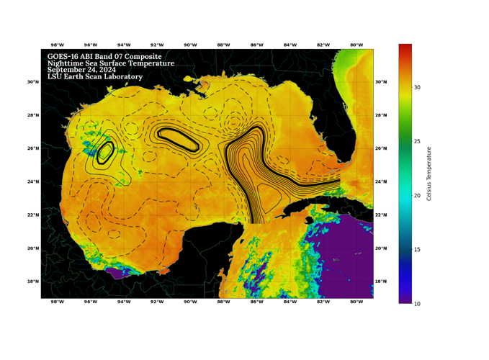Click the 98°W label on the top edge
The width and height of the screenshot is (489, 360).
pyautogui.click(x=57, y=45)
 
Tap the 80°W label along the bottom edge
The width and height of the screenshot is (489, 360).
pyautogui.click(x=356, y=302)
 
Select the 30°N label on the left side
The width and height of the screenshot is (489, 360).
pyautogui.click(x=32, y=82)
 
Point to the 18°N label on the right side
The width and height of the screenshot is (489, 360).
pyautogui.click(x=381, y=282)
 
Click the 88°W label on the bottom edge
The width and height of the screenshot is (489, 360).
pyautogui.click(x=223, y=302)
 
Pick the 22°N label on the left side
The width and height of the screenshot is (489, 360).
pyautogui.click(x=32, y=215)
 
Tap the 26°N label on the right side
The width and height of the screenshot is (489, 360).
pyautogui.click(x=381, y=148)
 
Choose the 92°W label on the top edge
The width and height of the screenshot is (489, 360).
pyautogui.click(x=157, y=45)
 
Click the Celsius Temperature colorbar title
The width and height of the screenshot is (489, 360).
pyautogui.click(x=430, y=173)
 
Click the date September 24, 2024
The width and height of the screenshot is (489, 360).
pyautogui.click(x=81, y=70)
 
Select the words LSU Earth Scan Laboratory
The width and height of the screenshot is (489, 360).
pyautogui.click(x=95, y=76)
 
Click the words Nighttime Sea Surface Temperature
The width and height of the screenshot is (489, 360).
pyautogui.click(x=110, y=63)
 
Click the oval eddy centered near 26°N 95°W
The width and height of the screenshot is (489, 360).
pyautogui.click(x=105, y=151)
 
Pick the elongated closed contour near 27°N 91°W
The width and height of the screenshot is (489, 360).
pyautogui.click(x=178, y=139)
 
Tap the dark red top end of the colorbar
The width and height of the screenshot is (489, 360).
pyautogui.click(x=405, y=48)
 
